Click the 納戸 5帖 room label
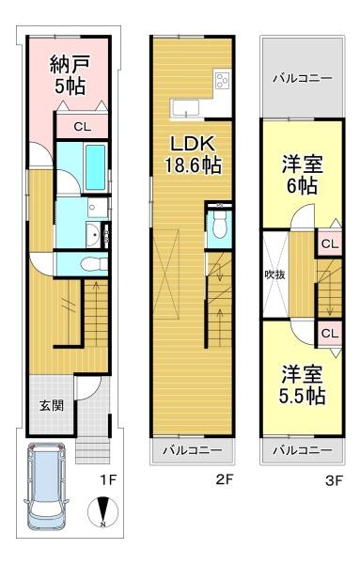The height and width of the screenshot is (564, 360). coord(70,74)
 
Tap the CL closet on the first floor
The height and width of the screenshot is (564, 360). coord(83,126)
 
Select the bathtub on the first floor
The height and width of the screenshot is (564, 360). coord(96,167)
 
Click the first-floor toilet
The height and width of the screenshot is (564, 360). coord(94,264)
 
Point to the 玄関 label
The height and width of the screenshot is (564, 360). coord(52,405)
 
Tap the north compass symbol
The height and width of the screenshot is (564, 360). coord(102,512)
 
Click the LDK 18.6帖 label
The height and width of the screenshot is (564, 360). coord(193,155)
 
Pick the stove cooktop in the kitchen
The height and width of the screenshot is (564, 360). coord(223,80)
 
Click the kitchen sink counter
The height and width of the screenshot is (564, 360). coord(185,108)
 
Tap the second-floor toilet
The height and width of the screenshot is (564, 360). coord(219,225)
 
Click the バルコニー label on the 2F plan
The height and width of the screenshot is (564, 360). coord(193,450)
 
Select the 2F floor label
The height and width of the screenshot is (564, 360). coord(225,479)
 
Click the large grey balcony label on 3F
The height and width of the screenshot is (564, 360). coord(303,78)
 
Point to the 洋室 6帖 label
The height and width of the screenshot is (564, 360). coord(302,175)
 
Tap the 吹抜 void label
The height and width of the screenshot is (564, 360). coord(274,274)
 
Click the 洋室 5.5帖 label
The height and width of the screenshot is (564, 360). coord(302,385)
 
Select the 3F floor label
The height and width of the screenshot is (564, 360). coord(335,480)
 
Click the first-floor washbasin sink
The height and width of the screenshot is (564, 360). coord(93,235)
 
